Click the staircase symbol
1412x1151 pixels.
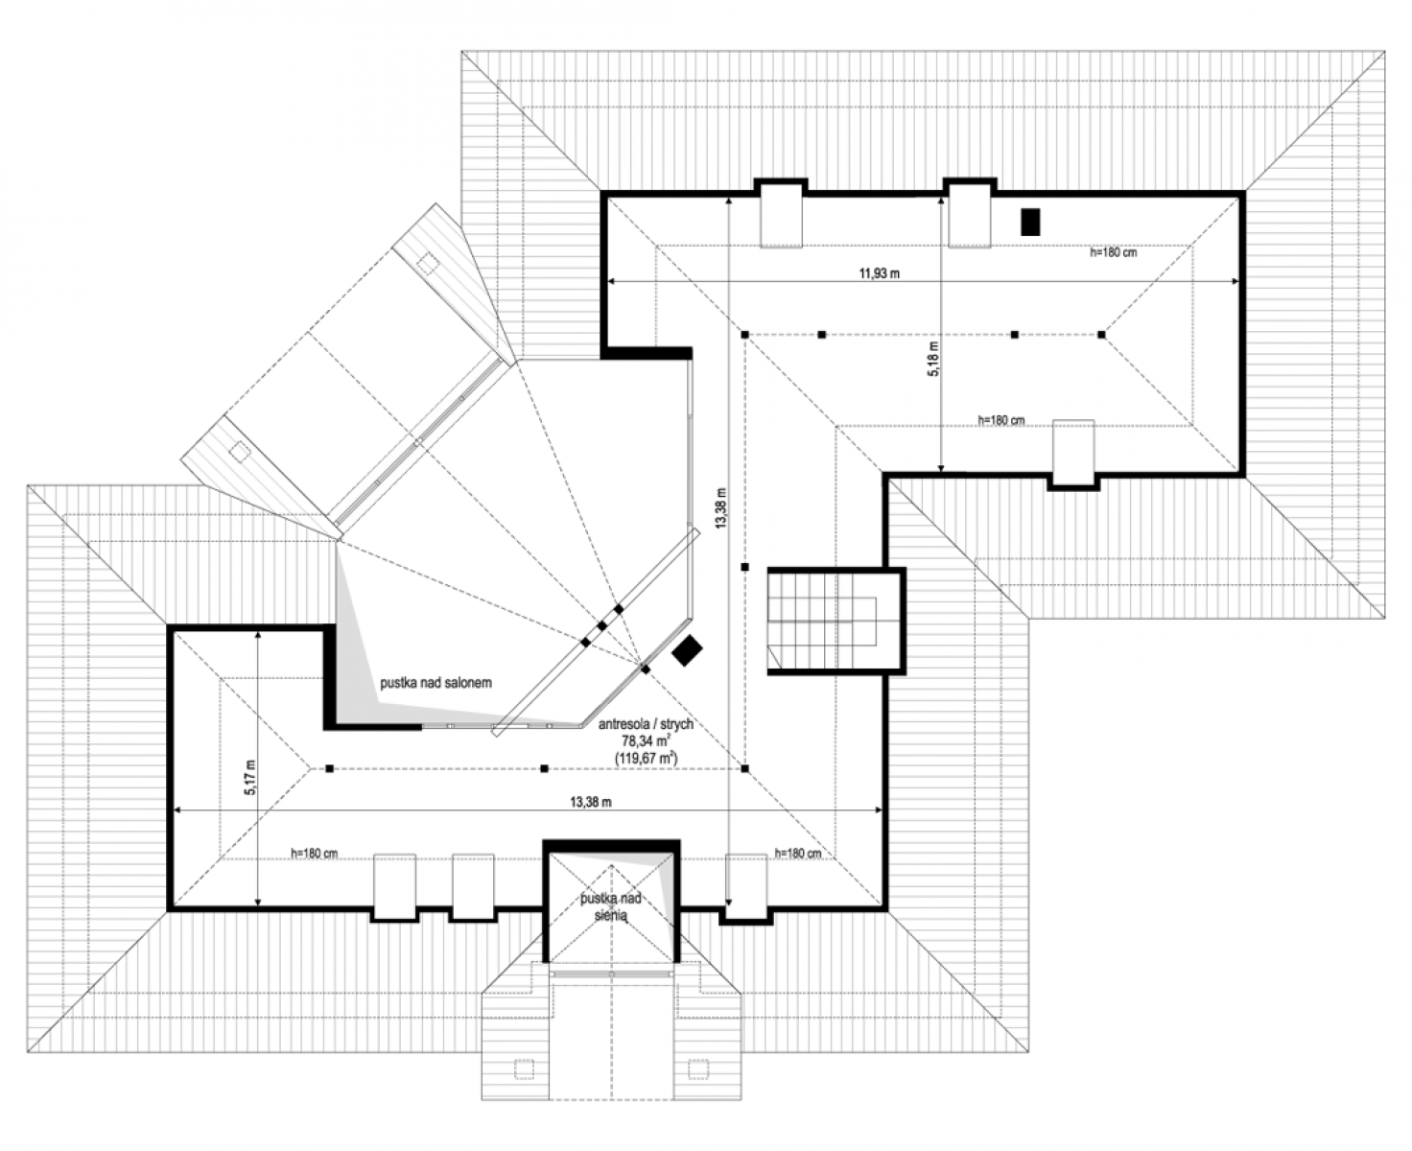pos(822,620)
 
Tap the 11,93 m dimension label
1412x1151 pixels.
pos(879,273)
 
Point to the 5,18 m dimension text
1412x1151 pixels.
pos(933,359)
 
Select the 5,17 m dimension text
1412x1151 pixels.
pos(249,777)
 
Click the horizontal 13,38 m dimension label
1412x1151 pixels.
pos(591,802)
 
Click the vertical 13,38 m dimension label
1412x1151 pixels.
pos(720,508)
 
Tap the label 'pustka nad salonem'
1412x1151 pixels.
pos(435,683)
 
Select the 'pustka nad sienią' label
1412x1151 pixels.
pos(611,906)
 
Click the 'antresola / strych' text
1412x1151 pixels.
pos(646,724)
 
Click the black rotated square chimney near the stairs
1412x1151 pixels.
pos(687,650)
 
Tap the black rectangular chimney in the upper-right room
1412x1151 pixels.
pos(1030,223)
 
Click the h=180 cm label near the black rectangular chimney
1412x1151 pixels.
pos(1113,252)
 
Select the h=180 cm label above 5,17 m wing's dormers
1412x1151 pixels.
pos(314,854)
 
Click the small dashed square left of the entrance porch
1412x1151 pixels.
pos(525,1069)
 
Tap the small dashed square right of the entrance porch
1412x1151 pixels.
pos(698,1069)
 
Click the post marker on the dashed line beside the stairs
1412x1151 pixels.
pos(744,567)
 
